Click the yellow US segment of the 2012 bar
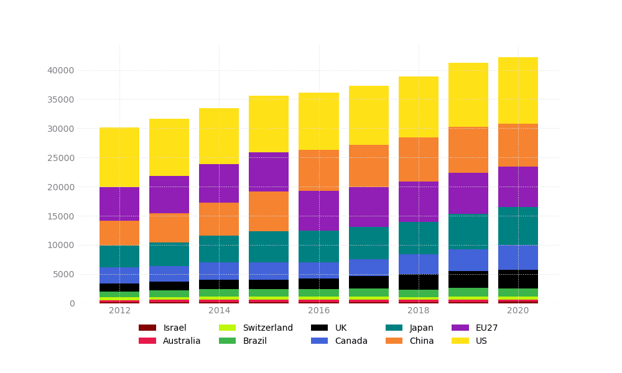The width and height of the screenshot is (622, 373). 119,157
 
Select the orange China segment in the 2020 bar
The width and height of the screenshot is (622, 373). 518,145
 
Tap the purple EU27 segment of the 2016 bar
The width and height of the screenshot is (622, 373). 318,211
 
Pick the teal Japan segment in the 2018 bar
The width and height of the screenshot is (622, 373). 418,238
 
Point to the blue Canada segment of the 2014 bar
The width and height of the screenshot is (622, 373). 219,271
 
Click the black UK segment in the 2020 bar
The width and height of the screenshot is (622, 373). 518,279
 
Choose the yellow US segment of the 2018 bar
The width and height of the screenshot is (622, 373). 418,107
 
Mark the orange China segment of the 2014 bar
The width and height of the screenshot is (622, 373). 219,219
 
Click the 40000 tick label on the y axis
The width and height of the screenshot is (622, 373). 60,70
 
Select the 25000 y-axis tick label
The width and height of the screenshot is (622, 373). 60,158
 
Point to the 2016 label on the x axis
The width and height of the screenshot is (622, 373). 318,311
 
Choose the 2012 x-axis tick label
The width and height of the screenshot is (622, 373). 119,311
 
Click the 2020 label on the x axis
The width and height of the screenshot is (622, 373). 518,311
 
